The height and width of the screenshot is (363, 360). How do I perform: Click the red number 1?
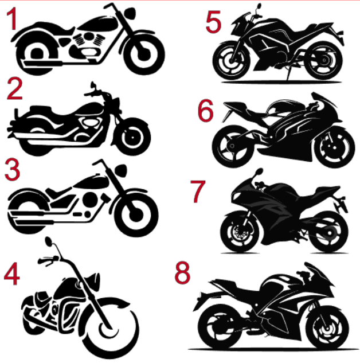12,18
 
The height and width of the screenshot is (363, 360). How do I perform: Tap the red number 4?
12,274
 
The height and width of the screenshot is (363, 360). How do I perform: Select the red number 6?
205,111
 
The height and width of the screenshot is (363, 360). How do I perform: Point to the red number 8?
182,272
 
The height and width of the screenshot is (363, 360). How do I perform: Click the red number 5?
213,22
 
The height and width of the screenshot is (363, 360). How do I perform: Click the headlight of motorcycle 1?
130,13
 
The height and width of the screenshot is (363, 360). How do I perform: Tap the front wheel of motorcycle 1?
144,54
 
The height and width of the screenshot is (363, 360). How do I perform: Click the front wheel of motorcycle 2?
132,137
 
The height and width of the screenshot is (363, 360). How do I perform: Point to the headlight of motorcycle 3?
121,170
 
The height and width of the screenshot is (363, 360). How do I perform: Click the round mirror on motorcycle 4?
49,241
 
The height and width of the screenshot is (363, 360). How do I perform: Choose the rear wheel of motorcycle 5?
324,60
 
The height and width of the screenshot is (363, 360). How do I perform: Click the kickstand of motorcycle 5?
287,72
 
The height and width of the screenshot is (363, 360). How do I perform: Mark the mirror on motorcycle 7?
259,172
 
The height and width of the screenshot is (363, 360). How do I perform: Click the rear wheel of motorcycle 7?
328,232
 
